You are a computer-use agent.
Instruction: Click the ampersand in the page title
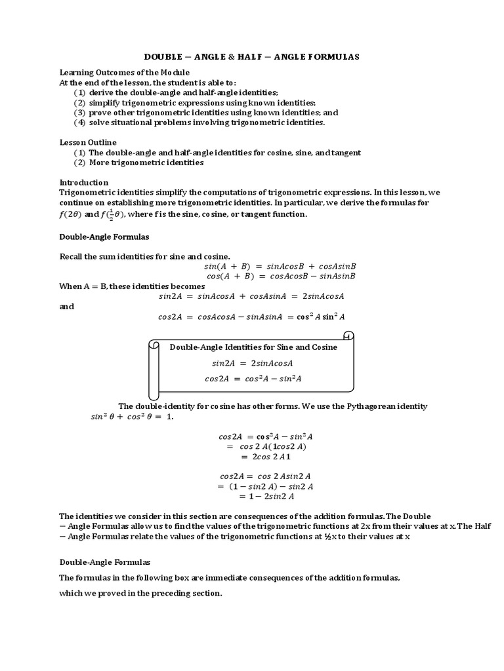tap(231, 57)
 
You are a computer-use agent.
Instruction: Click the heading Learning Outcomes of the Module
tap(125, 72)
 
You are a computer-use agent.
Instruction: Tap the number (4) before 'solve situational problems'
tap(79, 123)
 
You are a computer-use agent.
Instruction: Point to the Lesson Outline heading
tap(88, 142)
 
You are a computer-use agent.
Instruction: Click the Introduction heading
tap(84, 182)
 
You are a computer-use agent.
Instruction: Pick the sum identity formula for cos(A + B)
tap(280, 277)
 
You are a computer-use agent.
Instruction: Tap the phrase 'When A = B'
tap(85, 286)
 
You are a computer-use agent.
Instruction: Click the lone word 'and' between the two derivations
tap(67, 306)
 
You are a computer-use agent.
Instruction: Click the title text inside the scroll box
tap(253, 347)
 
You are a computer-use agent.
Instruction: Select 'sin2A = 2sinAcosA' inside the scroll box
tap(252, 363)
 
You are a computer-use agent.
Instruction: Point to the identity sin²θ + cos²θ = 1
tap(132, 417)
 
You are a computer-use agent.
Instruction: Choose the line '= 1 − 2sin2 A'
tap(266, 497)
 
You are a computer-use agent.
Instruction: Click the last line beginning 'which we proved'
tap(140, 594)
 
